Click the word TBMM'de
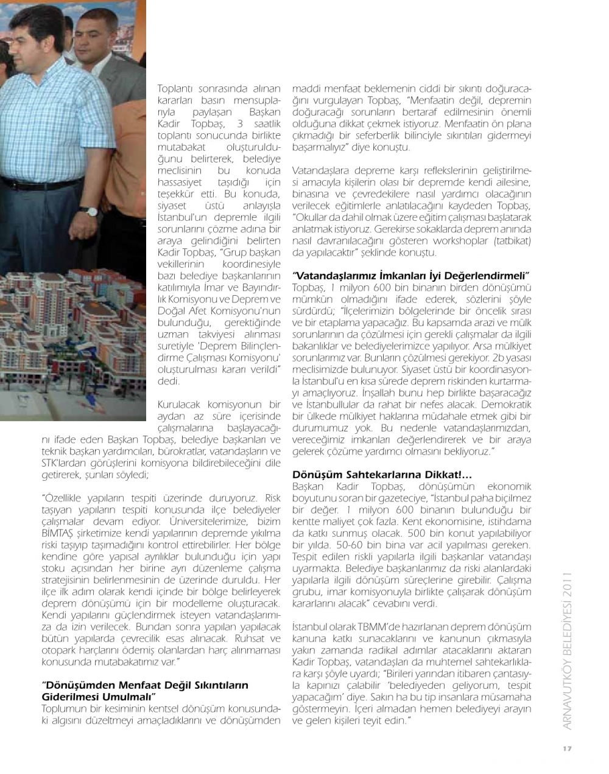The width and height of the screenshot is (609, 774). coord(379,627)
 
